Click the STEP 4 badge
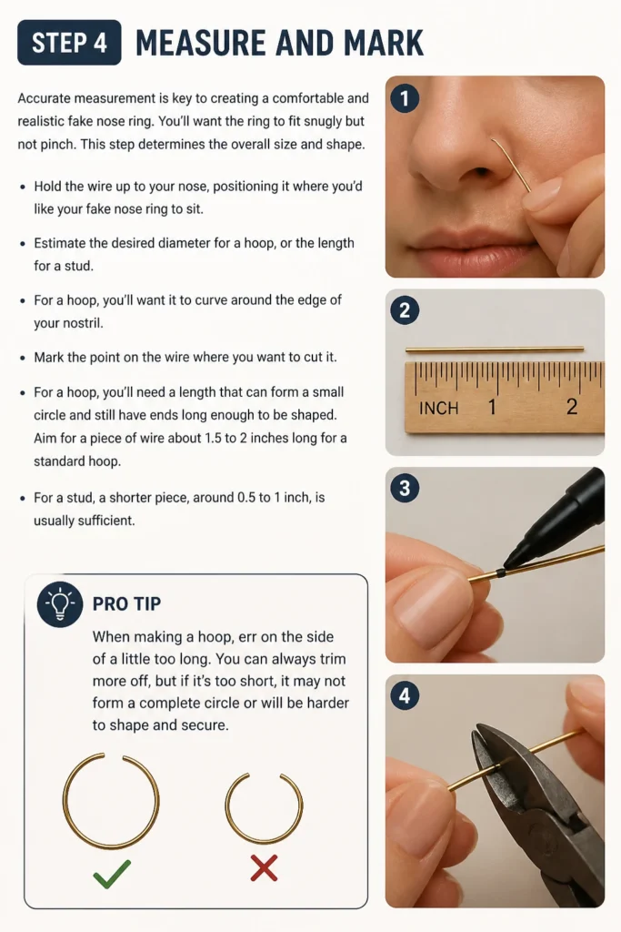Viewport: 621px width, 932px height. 69,42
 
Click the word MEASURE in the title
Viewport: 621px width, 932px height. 199,43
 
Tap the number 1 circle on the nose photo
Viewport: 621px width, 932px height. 405,98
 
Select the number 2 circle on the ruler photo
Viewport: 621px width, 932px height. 405,310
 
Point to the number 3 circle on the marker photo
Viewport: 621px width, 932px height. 405,488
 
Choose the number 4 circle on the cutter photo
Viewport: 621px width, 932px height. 405,695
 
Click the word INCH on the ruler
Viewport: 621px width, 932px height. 439,409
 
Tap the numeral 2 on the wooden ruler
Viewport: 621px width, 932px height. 571,407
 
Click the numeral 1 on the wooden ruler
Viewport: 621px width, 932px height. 492,407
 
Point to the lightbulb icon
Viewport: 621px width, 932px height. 60,604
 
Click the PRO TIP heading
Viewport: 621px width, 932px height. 126,604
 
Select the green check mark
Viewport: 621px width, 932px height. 112,874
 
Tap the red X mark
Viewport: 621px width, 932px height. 264,867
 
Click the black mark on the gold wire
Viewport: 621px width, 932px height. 500,572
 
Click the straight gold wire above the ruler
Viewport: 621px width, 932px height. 495,349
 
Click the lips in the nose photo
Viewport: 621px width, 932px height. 475,247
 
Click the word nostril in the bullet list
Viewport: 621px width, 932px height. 67,323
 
